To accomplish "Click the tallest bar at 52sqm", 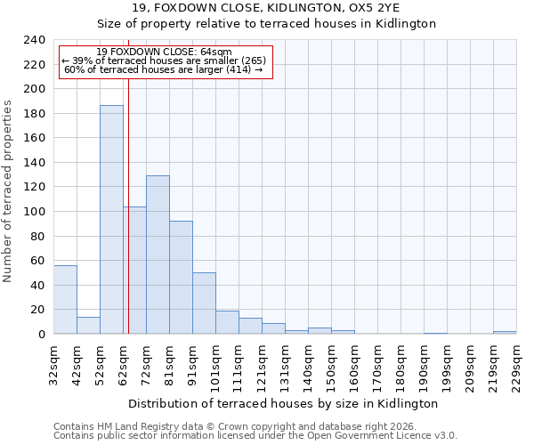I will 111,220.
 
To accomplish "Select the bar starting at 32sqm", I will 65,300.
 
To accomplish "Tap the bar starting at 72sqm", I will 158,255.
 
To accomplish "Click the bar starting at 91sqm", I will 204,303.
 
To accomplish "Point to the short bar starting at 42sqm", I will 88,326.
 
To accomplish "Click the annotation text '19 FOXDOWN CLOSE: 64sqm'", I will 164,53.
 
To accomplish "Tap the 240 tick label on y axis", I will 34,40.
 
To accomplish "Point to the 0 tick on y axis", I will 41,335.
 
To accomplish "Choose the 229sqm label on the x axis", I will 516,365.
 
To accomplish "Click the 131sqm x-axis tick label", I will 285,365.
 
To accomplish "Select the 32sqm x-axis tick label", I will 53,365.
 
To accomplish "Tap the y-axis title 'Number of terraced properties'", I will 8,190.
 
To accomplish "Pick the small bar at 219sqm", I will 505,333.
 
